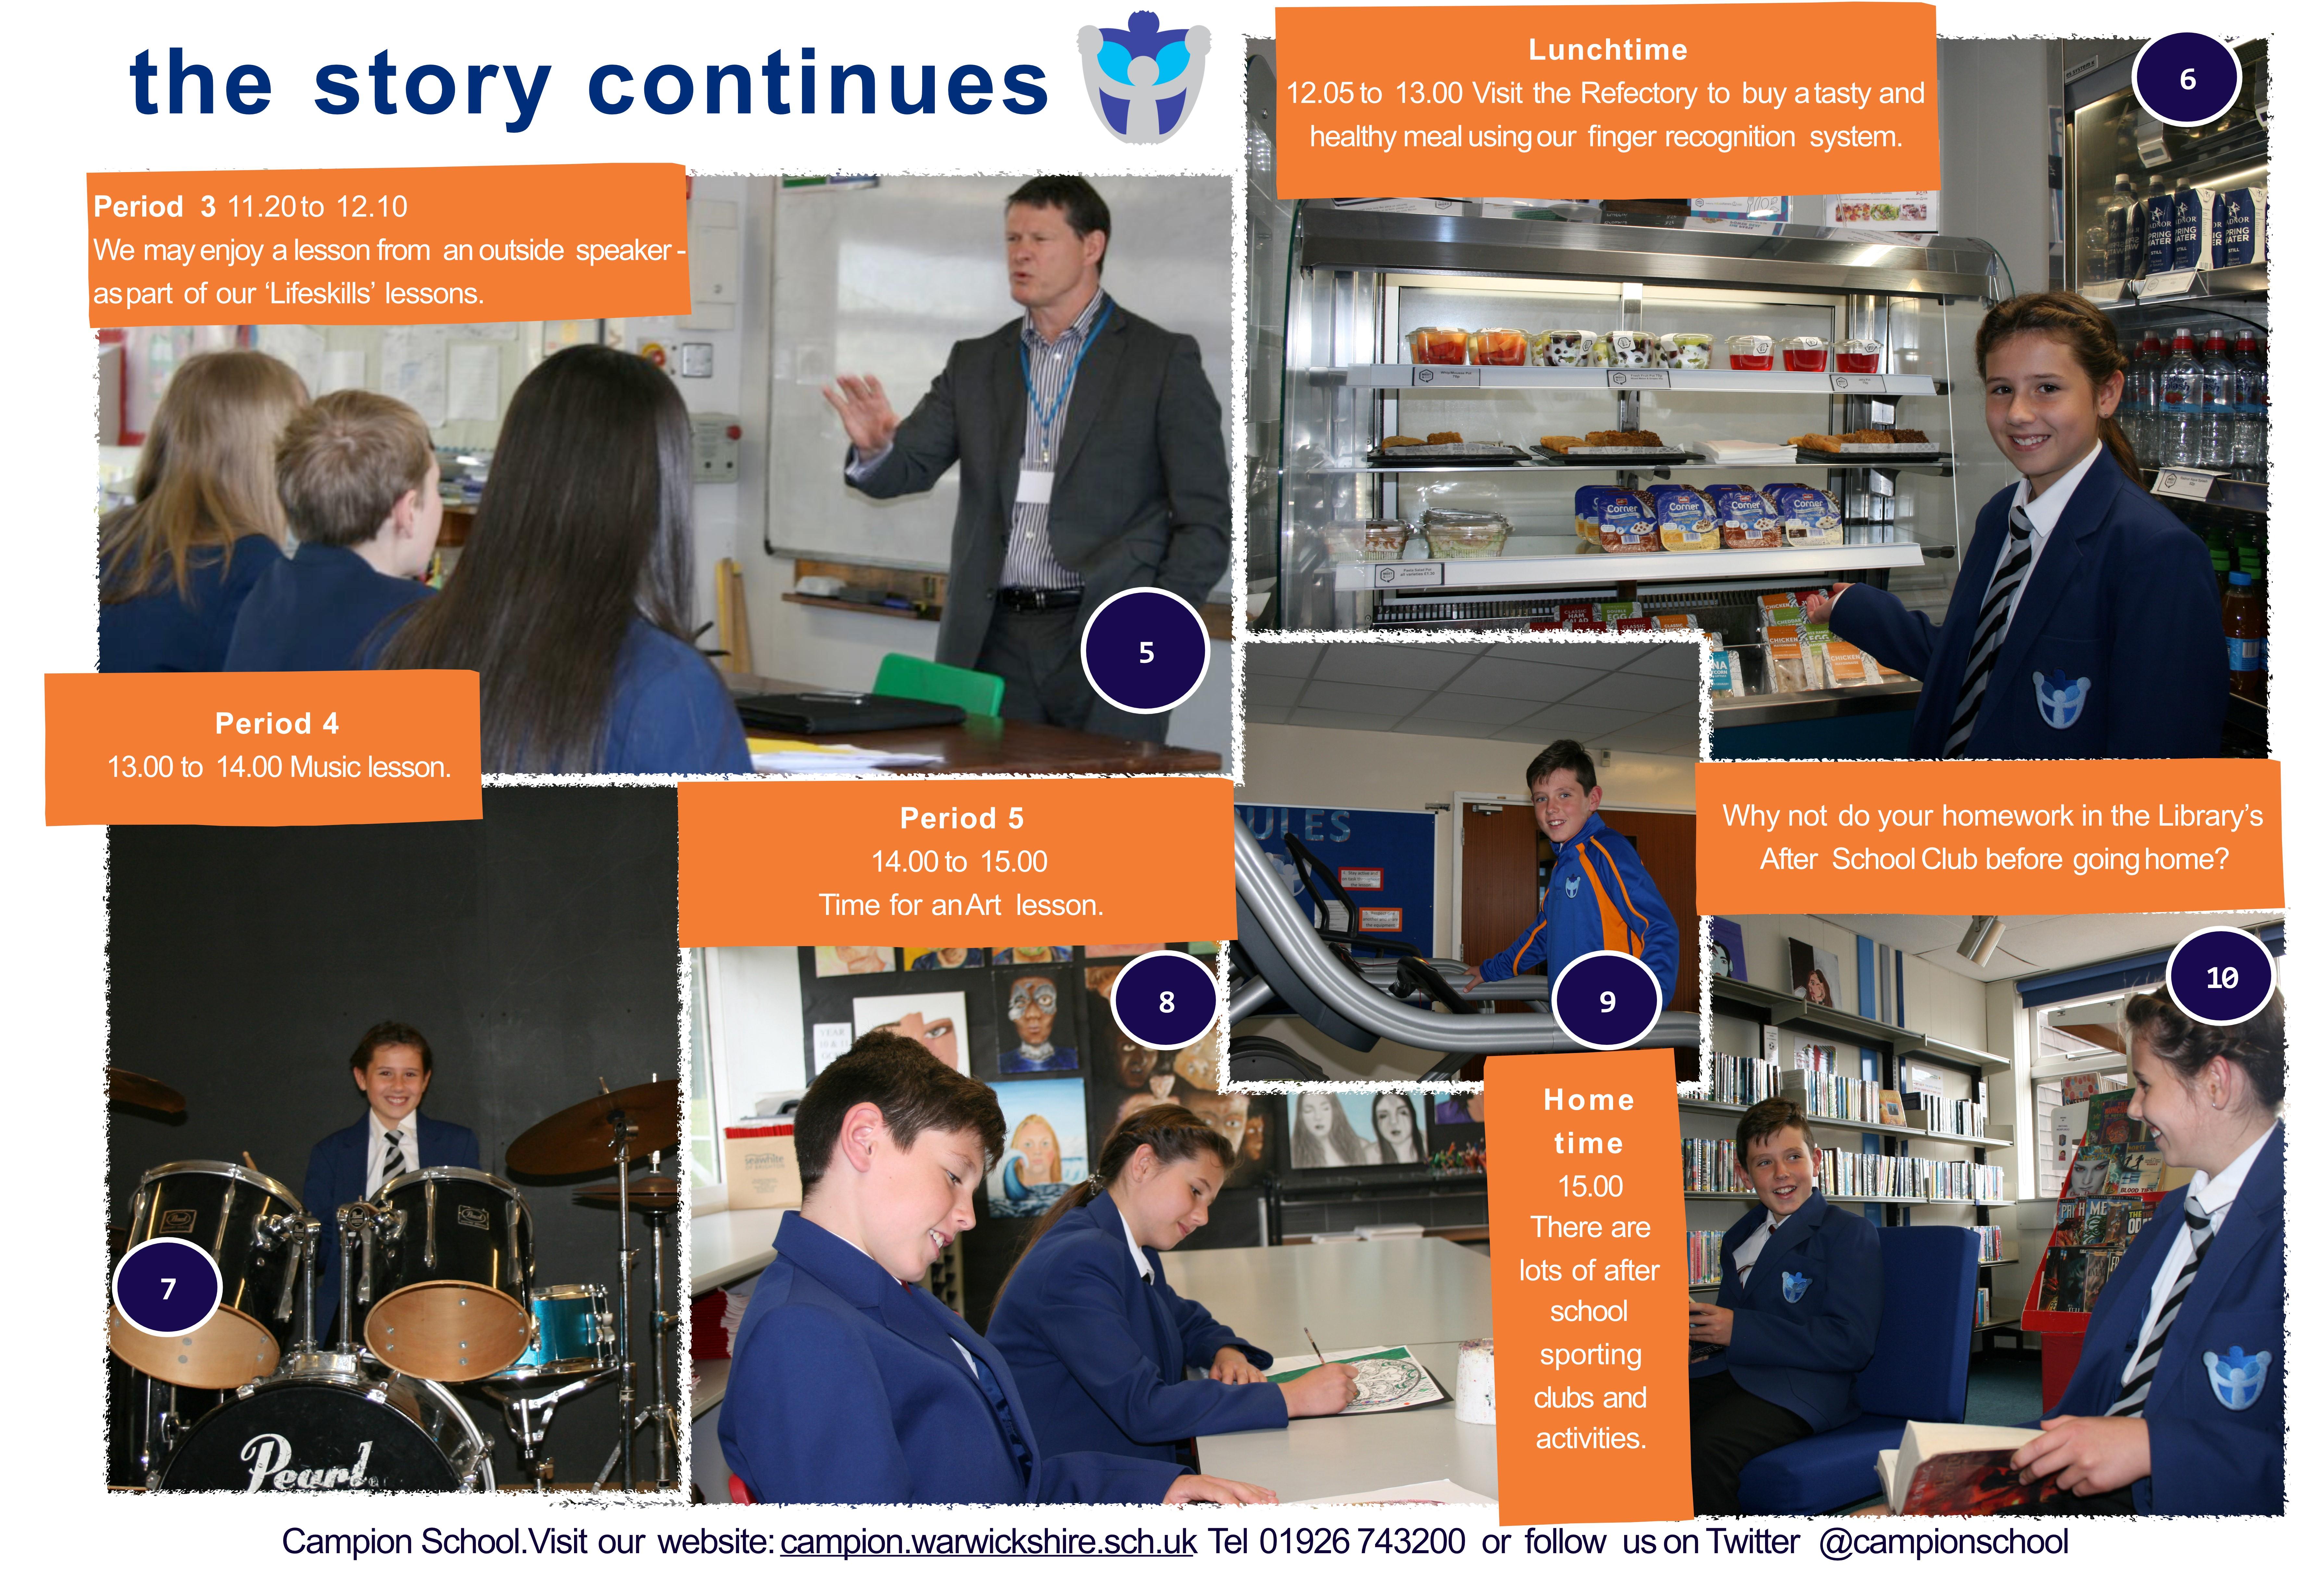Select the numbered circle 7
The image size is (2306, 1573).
[x=168, y=1287]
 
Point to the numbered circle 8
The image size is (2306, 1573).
[x=1166, y=1001]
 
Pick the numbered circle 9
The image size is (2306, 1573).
[x=1607, y=1000]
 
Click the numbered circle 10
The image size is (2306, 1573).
[x=2222, y=977]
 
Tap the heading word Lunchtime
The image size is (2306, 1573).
[x=1608, y=50]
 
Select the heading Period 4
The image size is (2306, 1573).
[x=277, y=723]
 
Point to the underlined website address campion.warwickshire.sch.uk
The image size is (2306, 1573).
[x=988, y=1541]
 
